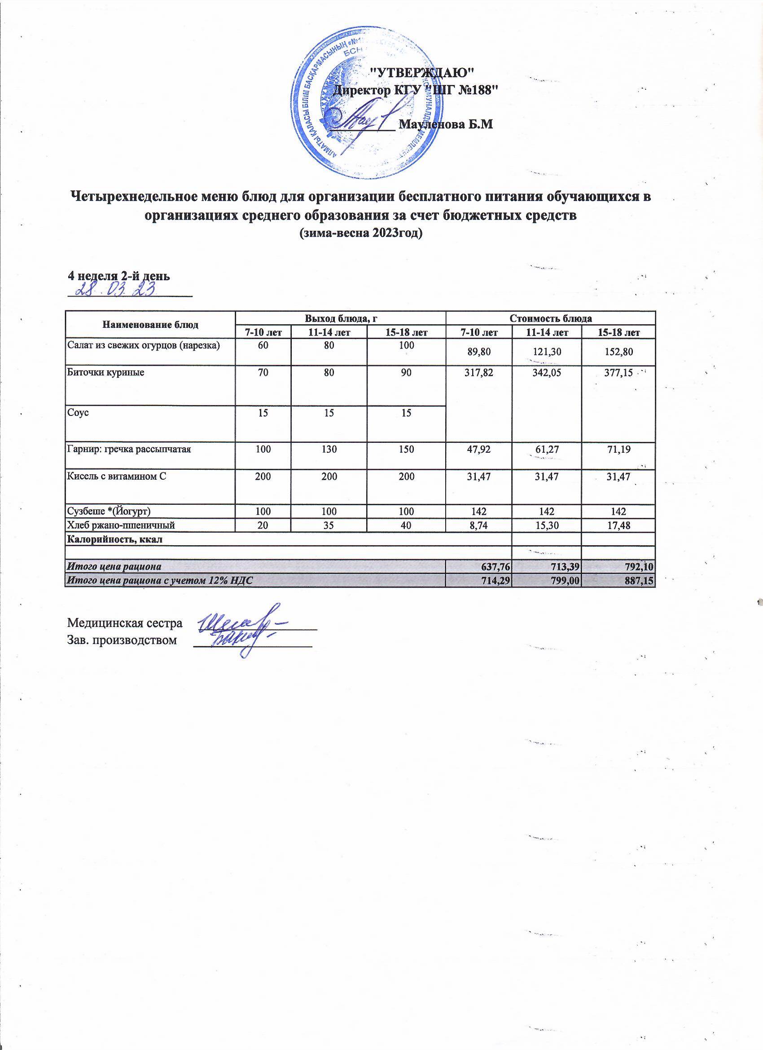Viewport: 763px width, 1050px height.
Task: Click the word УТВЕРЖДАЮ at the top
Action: click(423, 72)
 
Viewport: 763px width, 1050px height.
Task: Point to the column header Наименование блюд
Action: click(150, 325)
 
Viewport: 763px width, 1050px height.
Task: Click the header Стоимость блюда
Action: click(550, 318)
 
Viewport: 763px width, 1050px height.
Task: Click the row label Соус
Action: click(77, 411)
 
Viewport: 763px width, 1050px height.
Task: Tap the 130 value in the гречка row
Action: click(329, 449)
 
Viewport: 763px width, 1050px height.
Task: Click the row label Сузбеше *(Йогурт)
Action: click(109, 511)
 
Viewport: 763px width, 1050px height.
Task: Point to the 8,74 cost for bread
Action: click(478, 525)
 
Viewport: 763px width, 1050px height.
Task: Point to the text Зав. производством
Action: click(122, 640)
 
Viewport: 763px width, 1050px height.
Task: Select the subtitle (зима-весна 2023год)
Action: click(361, 234)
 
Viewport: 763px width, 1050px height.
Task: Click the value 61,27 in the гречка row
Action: click(548, 449)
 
